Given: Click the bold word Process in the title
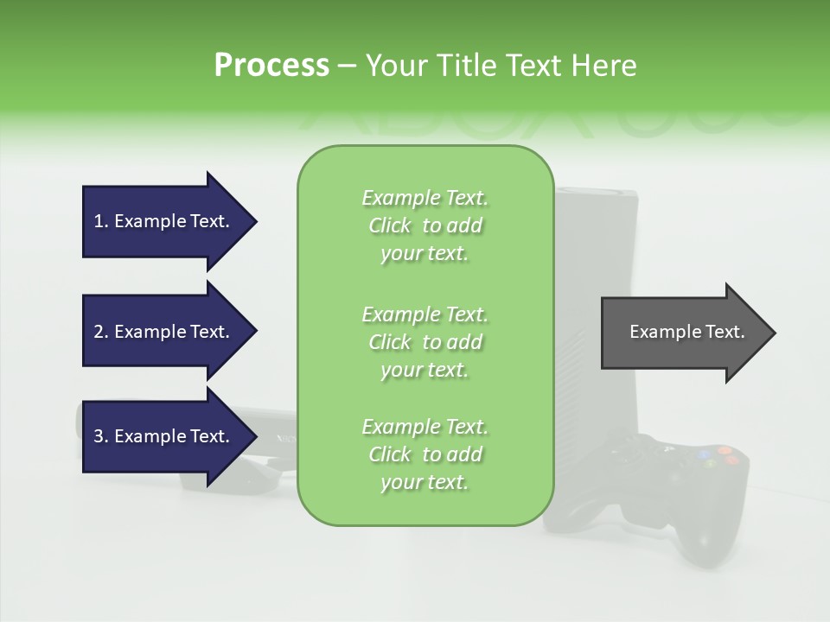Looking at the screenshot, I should coord(271,66).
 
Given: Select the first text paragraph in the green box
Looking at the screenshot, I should coord(425,225).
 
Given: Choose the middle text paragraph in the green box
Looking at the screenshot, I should coord(425,341).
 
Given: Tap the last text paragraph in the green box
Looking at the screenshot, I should coord(425,454).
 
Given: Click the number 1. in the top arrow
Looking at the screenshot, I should coord(100,221).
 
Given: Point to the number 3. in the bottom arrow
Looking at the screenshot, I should coord(100,436).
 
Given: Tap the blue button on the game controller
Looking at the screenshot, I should coord(705,453).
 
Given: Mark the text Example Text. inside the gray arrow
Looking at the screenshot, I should coord(686,332).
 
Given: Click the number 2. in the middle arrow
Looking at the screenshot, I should coord(100,332).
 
